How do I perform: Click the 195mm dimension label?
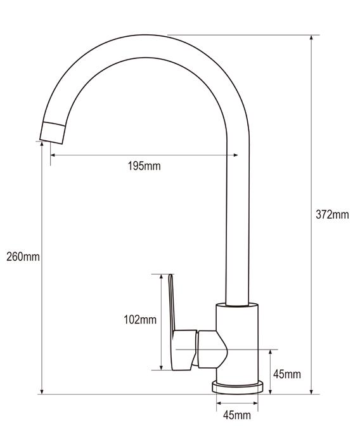(145, 166)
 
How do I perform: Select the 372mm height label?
(332, 214)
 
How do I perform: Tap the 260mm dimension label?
(23, 256)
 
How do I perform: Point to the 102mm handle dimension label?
(140, 320)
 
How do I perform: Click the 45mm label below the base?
(237, 415)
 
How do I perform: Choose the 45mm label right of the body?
(287, 374)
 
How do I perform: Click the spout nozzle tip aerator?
(53, 133)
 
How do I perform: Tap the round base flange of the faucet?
(238, 387)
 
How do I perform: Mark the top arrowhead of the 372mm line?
(311, 38)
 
